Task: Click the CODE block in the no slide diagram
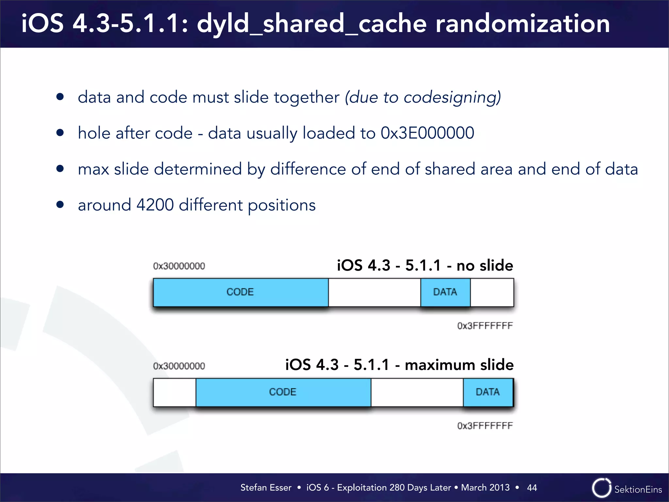click(240, 292)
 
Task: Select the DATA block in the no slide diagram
click(445, 292)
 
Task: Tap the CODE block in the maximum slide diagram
click(283, 392)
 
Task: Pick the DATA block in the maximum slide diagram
click(488, 392)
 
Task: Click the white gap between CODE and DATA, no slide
click(374, 292)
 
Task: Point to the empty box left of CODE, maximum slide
click(174, 392)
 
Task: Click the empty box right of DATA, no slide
click(492, 292)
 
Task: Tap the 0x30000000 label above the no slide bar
click(179, 266)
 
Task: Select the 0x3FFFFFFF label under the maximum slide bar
click(485, 426)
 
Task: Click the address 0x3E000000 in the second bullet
click(427, 133)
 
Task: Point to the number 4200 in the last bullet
click(155, 205)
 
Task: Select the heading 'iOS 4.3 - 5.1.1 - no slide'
click(425, 265)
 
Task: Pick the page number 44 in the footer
click(532, 488)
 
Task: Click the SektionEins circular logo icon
click(601, 488)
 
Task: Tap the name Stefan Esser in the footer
click(266, 488)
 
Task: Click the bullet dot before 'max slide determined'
click(60, 169)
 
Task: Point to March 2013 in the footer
click(485, 488)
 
